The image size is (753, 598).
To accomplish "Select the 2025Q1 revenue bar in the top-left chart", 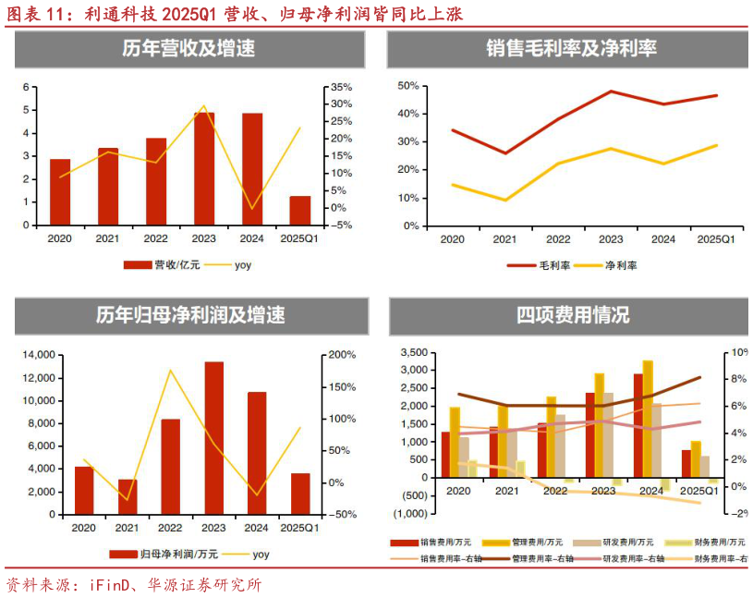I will point(300,210).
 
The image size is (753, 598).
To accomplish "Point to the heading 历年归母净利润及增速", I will point(190,315).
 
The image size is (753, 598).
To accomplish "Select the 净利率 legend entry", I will point(620,265).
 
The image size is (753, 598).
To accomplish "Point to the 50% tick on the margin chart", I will point(407,86).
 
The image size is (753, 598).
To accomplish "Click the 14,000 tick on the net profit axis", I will point(42,355).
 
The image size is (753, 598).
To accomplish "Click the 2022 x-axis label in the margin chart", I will point(557,239).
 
